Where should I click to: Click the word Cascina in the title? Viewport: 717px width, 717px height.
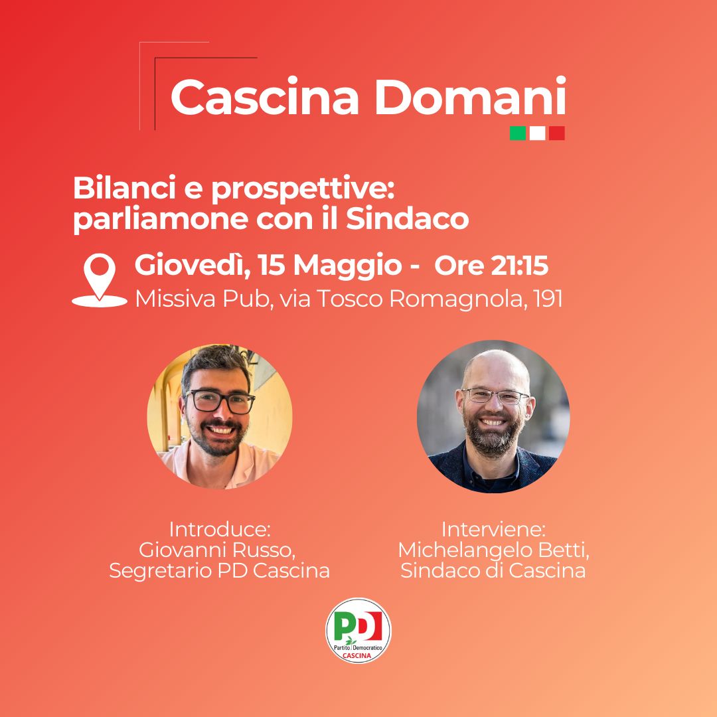pos(264,97)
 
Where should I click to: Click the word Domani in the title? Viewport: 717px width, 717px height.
pos(471,96)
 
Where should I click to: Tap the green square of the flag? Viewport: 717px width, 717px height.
pos(518,133)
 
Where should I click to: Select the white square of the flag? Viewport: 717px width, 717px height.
pos(537,133)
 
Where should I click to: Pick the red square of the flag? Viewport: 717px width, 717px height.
pos(556,133)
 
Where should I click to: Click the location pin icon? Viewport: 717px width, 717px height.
pos(100,279)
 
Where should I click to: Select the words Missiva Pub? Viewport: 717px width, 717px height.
pos(201,299)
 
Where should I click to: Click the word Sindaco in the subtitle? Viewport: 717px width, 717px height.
pos(408,218)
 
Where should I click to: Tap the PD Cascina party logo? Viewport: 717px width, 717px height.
pos(358,631)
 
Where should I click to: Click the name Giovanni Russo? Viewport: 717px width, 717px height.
pos(217,550)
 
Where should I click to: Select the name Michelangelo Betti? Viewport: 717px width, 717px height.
pos(493,550)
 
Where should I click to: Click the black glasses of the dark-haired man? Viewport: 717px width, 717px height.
pos(220,401)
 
